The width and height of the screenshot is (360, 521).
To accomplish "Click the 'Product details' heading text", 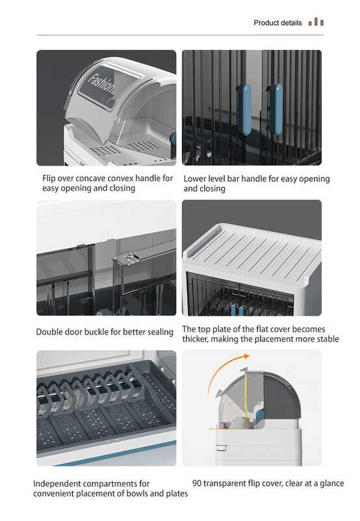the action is coord(277,23).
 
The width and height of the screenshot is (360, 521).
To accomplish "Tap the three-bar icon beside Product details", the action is coord(316,22).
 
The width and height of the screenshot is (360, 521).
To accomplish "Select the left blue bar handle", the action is coord(246,109).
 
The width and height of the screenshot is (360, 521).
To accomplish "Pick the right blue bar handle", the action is coord(276,109).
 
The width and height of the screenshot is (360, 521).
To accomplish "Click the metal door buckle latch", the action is coord(125,258).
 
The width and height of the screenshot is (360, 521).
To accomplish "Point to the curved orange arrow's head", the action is coord(246,356).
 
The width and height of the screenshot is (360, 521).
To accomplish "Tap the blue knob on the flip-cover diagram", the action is coord(261,414).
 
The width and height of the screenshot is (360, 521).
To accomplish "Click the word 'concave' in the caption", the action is coord(91,179).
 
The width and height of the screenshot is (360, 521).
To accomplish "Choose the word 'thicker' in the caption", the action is coord(195,339).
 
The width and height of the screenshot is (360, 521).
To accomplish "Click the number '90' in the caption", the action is coord(197,483).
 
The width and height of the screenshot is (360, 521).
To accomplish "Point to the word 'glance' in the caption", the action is coord(332,483).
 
